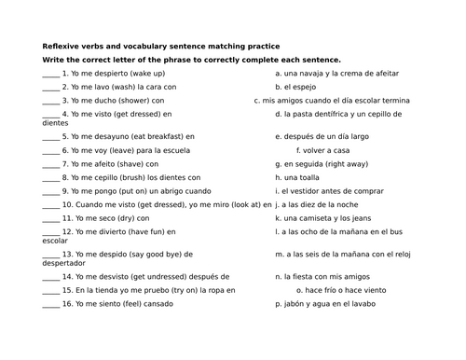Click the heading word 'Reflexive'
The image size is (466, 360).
[x=62, y=46]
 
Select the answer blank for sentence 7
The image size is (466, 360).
[x=50, y=162]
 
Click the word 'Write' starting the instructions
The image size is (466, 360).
[x=52, y=59]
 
